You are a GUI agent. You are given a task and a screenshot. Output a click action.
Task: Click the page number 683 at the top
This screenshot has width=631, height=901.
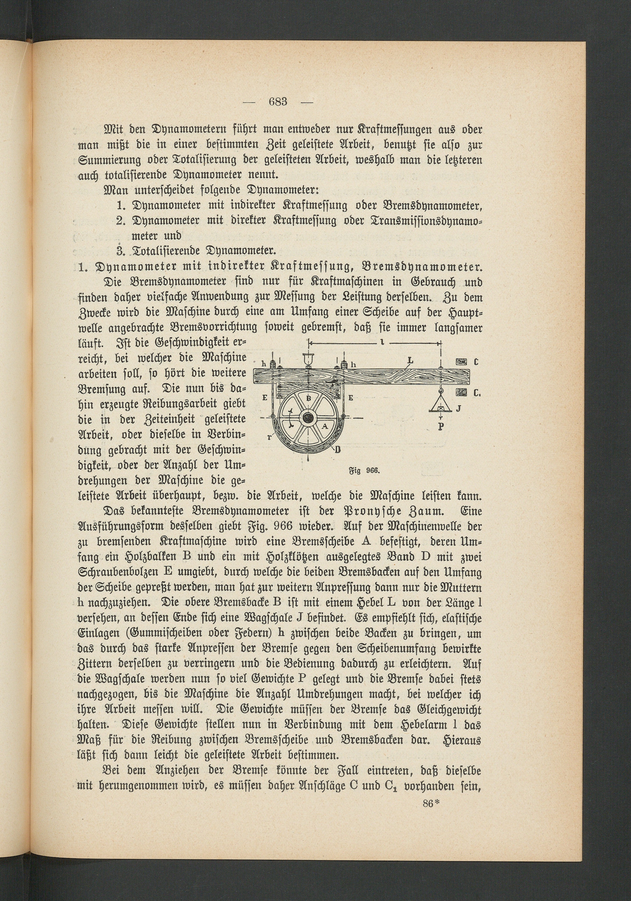pyautogui.click(x=278, y=102)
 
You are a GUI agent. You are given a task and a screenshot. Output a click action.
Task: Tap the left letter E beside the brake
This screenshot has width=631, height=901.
pyautogui.click(x=265, y=397)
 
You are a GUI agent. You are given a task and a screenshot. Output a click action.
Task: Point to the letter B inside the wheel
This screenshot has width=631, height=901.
pyautogui.click(x=308, y=398)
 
